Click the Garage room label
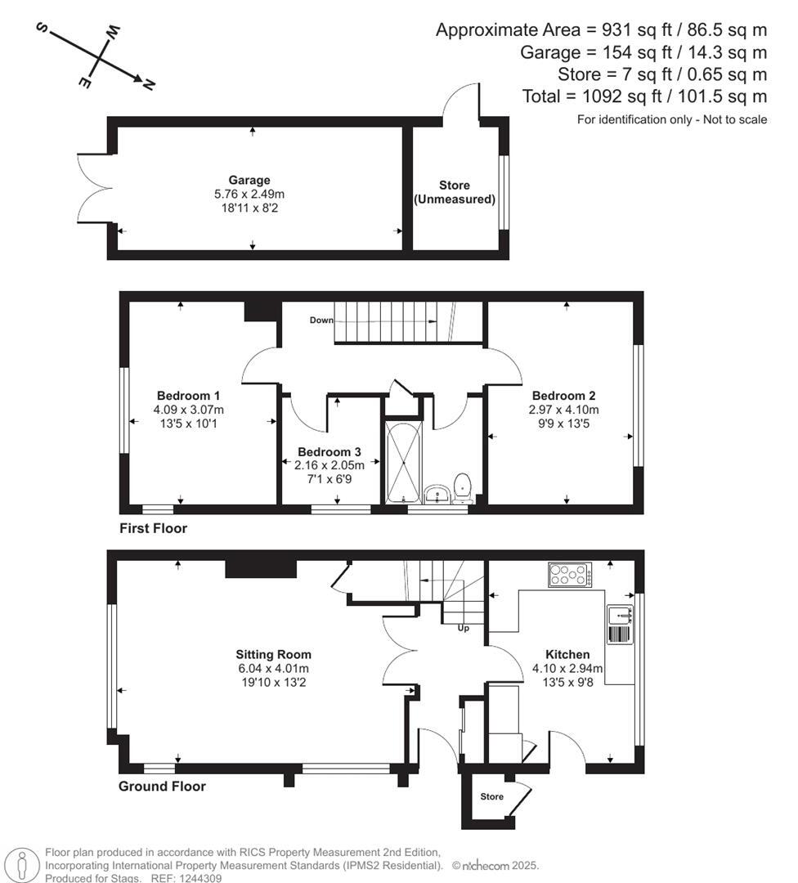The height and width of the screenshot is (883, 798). click(x=249, y=180)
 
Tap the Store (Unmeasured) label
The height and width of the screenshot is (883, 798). click(x=455, y=192)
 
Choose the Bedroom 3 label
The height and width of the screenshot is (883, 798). click(x=329, y=451)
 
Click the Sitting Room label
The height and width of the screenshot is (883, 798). click(x=273, y=654)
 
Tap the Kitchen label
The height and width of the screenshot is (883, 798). click(x=567, y=654)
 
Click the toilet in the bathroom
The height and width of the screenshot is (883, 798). click(x=463, y=484)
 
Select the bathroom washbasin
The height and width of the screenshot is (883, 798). click(x=436, y=493)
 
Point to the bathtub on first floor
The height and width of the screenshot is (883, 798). click(x=402, y=462)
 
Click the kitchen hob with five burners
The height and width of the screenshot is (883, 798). click(x=570, y=575)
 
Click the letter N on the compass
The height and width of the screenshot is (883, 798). click(x=149, y=83)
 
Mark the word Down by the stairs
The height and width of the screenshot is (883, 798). click(x=321, y=320)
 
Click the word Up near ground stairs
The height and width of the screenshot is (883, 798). click(x=463, y=628)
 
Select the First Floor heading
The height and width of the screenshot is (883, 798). click(x=153, y=528)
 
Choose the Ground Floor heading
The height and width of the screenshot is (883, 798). click(x=162, y=787)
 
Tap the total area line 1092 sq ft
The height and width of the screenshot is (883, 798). click(x=644, y=96)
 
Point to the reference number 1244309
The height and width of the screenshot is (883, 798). click(x=194, y=878)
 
